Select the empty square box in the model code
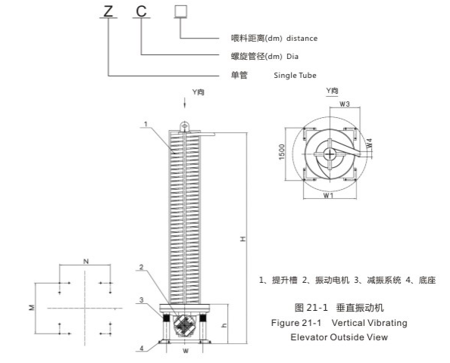180,11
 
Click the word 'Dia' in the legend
293,55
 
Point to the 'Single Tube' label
295,75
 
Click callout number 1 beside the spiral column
145,123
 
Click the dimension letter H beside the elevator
242,239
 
